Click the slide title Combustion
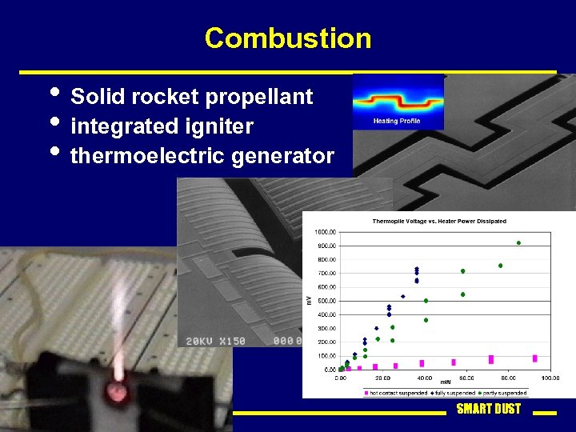(x=287, y=38)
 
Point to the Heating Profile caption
(x=398, y=122)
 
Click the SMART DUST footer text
(x=488, y=409)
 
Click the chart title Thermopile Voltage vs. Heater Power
(x=428, y=221)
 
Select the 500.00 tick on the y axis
(x=325, y=301)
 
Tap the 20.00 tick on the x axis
(x=382, y=378)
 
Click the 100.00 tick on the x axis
(x=549, y=378)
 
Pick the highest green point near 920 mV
(x=518, y=242)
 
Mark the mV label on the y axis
(x=309, y=300)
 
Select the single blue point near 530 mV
(x=402, y=296)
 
